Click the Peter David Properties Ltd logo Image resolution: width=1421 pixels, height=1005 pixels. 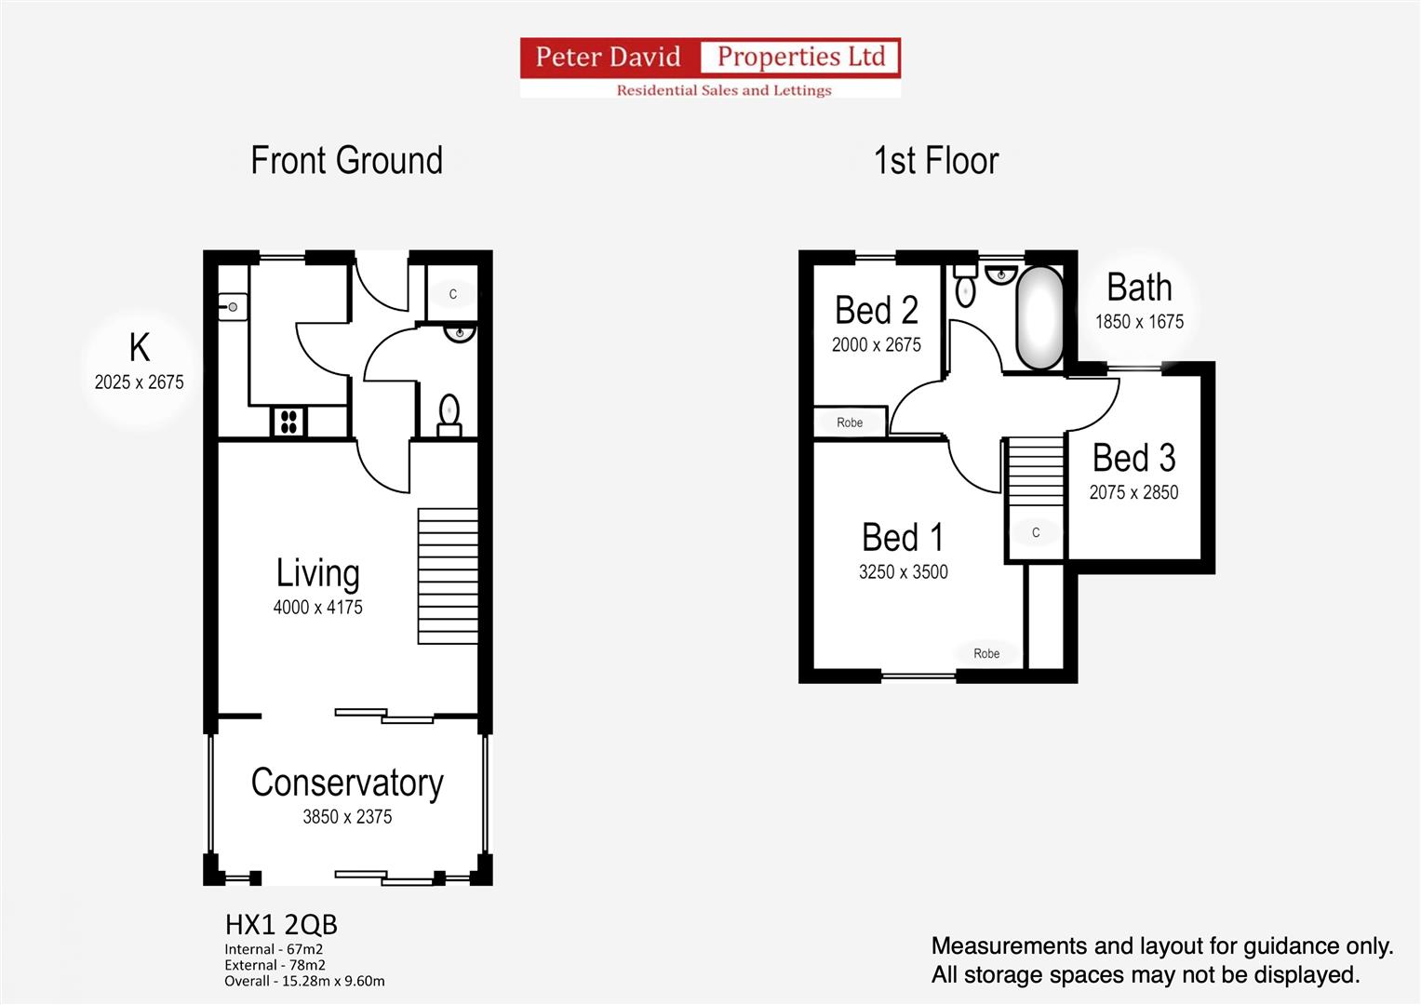(x=710, y=67)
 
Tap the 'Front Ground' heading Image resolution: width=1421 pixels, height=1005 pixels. (x=346, y=161)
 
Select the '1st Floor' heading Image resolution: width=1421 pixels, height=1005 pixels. (x=935, y=161)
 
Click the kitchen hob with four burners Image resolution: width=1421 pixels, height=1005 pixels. (x=288, y=422)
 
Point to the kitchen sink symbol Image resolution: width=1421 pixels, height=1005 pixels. (x=233, y=307)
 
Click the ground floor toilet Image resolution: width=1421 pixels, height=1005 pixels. (x=449, y=415)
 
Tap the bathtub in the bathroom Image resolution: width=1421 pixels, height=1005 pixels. (x=1039, y=318)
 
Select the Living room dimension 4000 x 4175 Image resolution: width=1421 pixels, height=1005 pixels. (x=317, y=608)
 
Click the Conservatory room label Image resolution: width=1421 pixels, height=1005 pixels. (x=347, y=783)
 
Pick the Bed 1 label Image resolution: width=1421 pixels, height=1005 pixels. (x=903, y=538)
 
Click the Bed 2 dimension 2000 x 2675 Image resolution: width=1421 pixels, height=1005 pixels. (x=876, y=345)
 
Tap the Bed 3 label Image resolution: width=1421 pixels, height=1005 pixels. (x=1133, y=458)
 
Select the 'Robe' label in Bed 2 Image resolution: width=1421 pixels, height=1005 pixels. (x=850, y=422)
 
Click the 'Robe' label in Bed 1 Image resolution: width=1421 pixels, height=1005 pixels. (x=986, y=654)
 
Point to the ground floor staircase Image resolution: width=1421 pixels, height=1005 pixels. (x=448, y=576)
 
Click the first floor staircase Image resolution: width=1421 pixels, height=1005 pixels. (x=1036, y=472)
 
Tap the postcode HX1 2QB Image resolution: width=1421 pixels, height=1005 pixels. (x=281, y=925)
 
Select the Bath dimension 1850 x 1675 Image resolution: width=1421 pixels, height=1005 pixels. (x=1139, y=322)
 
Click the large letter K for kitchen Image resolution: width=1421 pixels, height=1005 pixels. (x=139, y=348)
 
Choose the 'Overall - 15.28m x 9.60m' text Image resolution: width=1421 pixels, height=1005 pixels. (x=304, y=981)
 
